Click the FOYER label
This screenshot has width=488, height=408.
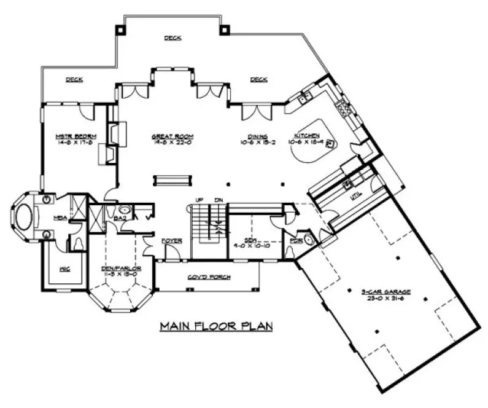point(171,240)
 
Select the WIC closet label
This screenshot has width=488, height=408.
point(63,268)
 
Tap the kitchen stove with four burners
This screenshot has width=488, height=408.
point(342,109)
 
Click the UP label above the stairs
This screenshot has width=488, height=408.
point(199,200)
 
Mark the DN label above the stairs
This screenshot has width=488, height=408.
point(218,200)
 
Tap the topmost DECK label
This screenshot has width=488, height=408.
point(172,38)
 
